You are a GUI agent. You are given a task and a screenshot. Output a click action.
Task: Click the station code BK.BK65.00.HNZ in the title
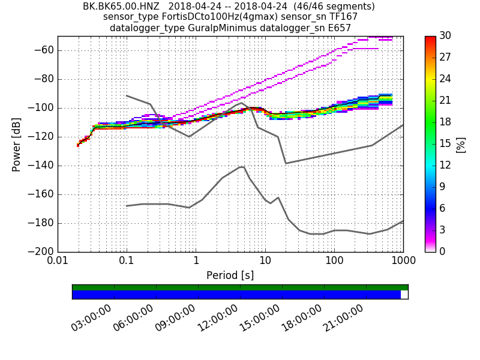point(122,7)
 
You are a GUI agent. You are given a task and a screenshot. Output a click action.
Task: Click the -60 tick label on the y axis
point(45,50)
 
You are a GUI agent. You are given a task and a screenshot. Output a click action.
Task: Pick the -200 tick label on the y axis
point(43,252)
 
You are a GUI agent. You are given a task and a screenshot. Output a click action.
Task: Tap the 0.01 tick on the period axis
point(58,261)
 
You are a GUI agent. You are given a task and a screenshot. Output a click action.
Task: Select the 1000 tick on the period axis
point(403,261)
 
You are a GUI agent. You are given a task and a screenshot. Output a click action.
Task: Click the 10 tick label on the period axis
point(265,261)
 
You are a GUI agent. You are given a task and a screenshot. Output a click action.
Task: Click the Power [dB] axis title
point(17,144)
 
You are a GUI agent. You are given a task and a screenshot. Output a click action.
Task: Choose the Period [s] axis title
point(230,275)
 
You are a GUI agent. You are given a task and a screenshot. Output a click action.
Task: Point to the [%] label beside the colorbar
point(461,144)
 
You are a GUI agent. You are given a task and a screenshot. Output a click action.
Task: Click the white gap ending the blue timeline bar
point(404,295)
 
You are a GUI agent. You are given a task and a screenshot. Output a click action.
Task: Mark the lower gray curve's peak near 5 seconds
point(242,167)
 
